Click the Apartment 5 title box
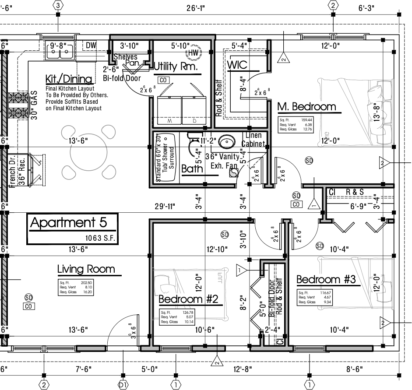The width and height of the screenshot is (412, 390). [x=73, y=228]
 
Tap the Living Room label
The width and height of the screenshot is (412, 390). [x=86, y=269]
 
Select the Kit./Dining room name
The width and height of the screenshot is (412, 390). [x=69, y=79]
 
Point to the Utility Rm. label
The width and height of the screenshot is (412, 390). [x=176, y=67]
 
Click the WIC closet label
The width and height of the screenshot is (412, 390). [x=237, y=65]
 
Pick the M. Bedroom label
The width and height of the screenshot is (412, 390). [x=306, y=106]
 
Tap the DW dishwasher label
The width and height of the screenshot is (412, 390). [x=91, y=45]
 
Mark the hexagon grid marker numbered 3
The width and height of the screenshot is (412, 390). [x=58, y=5]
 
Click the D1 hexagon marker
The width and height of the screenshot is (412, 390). [x=123, y=385]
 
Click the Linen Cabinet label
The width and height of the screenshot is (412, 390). [x=254, y=140]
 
